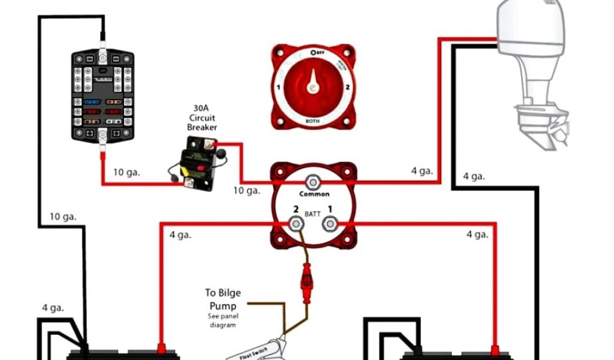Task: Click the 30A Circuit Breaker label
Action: tap(202, 117)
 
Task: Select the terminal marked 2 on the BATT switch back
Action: tap(295, 225)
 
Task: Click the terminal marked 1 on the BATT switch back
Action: tap(330, 224)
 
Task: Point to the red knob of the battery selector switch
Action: tap(312, 87)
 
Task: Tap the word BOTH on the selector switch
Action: tap(312, 121)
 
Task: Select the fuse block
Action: tap(104, 96)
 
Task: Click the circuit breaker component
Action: tap(191, 163)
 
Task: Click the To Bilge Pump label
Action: tap(222, 298)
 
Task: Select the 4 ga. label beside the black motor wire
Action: tap(473, 176)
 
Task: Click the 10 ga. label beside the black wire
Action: tap(63, 217)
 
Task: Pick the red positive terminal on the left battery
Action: tap(161, 347)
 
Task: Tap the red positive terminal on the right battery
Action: tap(495, 348)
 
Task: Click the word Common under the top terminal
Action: tap(314, 194)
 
